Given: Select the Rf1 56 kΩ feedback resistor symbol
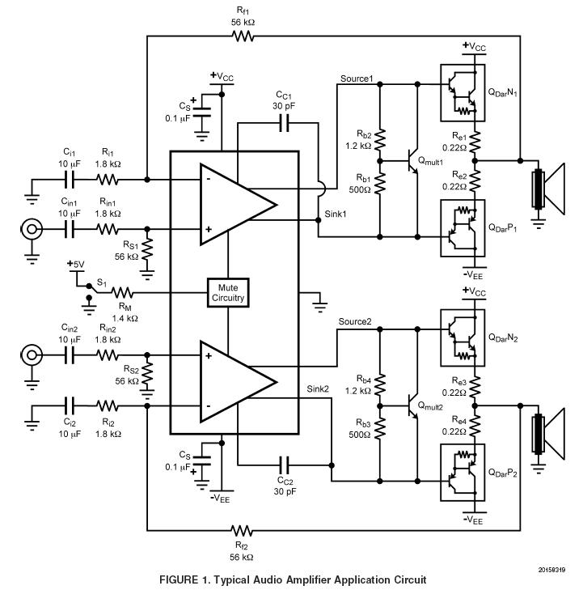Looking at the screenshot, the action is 243,36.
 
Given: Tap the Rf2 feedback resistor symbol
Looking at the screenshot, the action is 242,531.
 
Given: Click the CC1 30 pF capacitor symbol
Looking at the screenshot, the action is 285,123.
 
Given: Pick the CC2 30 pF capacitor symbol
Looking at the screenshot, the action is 285,465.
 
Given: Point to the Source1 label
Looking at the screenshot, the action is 357,79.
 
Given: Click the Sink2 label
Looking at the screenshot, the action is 318,388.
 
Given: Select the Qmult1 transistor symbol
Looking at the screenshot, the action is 413,161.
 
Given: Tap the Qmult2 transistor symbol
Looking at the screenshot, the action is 413,406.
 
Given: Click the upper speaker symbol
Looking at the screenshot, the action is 548,189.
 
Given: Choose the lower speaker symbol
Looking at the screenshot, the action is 548,434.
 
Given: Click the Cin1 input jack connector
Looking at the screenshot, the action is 32,229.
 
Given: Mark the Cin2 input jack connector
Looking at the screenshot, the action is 32,354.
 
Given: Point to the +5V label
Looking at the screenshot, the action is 76,264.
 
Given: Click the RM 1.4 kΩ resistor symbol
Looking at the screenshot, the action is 122,292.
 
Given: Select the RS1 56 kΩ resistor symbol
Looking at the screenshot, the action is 147,249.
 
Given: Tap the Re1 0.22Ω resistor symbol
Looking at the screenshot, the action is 475,141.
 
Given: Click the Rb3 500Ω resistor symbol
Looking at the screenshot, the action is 380,428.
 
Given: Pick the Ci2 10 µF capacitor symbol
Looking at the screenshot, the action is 70,405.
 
